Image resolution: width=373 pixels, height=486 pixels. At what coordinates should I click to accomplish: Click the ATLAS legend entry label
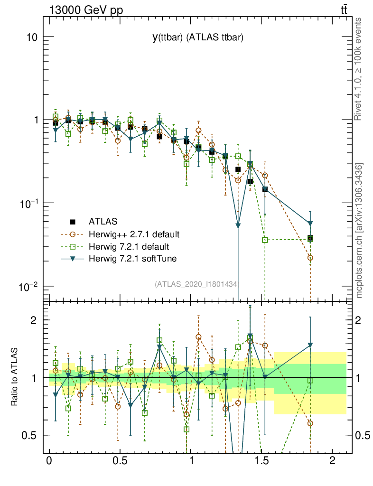coord(103,221)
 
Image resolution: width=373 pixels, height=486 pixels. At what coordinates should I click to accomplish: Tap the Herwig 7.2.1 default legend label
coord(129,247)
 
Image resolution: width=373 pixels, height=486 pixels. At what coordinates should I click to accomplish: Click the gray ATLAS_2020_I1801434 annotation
coord(197,284)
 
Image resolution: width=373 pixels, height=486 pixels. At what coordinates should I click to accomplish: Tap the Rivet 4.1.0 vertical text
coord(358,68)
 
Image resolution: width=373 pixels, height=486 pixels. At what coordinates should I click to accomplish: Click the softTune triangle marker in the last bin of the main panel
coord(310,223)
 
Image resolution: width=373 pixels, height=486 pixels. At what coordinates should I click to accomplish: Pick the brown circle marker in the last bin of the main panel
coord(310,258)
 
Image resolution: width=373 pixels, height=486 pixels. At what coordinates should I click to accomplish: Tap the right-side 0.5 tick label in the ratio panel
coord(363,435)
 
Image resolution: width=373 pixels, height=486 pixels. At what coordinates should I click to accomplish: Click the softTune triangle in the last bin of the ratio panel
coord(310,345)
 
